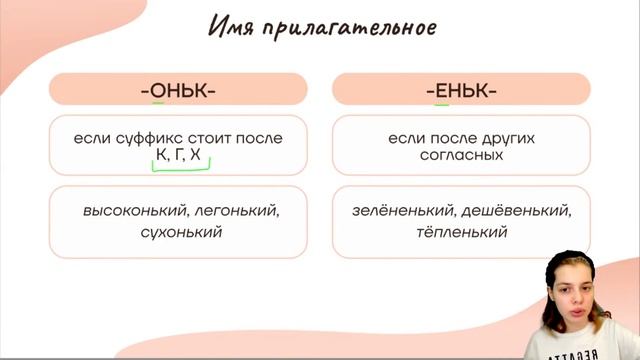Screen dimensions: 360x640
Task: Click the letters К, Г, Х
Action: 178,158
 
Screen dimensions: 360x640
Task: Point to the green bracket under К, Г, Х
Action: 179,170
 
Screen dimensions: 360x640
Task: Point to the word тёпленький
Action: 460,232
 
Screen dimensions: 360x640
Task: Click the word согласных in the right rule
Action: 461,157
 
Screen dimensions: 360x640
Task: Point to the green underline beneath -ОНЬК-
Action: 157,103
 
